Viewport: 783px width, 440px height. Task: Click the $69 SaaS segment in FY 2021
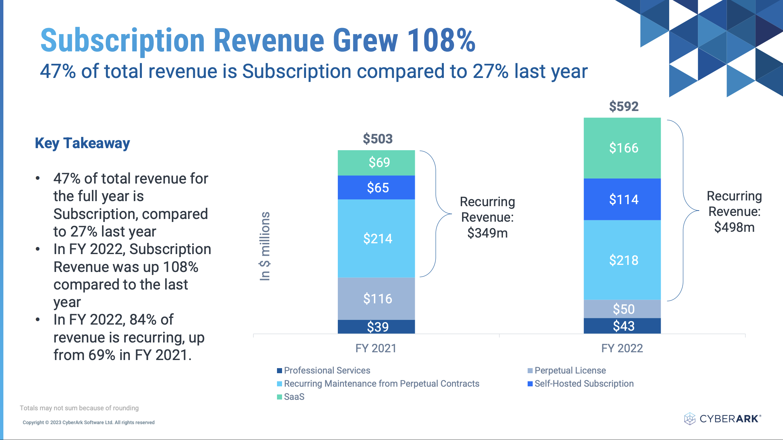(376, 163)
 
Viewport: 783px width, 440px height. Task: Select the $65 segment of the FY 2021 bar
(376, 188)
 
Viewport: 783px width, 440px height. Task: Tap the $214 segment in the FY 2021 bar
(376, 239)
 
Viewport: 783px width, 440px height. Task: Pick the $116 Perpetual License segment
(376, 299)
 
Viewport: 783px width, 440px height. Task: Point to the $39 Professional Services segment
(376, 327)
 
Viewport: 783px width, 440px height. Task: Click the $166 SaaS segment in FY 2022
(622, 148)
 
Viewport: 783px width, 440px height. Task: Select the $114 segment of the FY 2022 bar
(622, 199)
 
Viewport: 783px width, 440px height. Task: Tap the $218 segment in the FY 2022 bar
(622, 260)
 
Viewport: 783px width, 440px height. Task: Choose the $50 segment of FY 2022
(622, 309)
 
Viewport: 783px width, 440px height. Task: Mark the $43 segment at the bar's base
(622, 326)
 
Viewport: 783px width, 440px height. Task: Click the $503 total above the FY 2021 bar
(378, 139)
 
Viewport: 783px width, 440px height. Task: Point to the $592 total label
(624, 107)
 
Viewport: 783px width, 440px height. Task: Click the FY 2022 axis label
(622, 348)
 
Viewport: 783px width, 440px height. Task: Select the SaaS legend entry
(291, 397)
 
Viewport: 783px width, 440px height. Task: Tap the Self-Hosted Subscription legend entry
(581, 384)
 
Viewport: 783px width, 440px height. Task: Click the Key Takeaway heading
(82, 143)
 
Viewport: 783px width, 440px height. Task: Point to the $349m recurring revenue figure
(487, 233)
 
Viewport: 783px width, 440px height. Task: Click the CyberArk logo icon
(689, 419)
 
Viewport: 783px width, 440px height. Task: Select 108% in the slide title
(441, 40)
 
